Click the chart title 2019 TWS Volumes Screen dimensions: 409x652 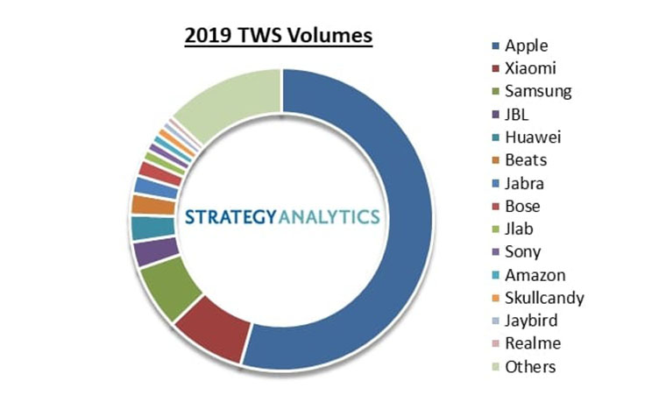pyautogui.click(x=279, y=36)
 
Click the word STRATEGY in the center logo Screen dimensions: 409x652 pyautogui.click(x=231, y=215)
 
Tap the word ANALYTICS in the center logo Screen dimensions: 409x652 pyautogui.click(x=331, y=215)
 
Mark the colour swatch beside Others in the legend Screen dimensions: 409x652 pyautogui.click(x=497, y=367)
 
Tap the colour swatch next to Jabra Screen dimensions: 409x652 pyautogui.click(x=497, y=184)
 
